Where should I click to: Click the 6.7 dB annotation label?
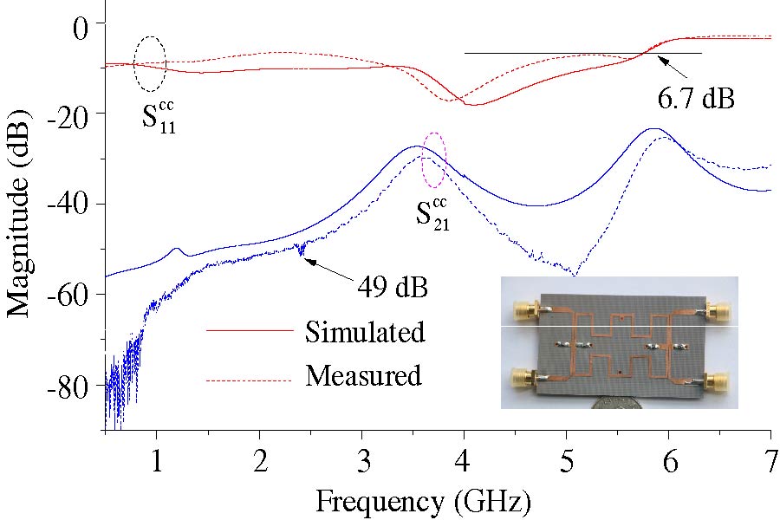(x=695, y=98)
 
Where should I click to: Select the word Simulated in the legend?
(x=365, y=331)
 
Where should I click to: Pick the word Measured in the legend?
(x=363, y=376)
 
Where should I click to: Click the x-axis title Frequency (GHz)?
(x=422, y=501)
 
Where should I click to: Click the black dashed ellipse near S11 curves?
(x=150, y=63)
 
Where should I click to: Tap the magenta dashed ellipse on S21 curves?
(x=433, y=160)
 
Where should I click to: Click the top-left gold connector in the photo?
(x=523, y=309)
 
